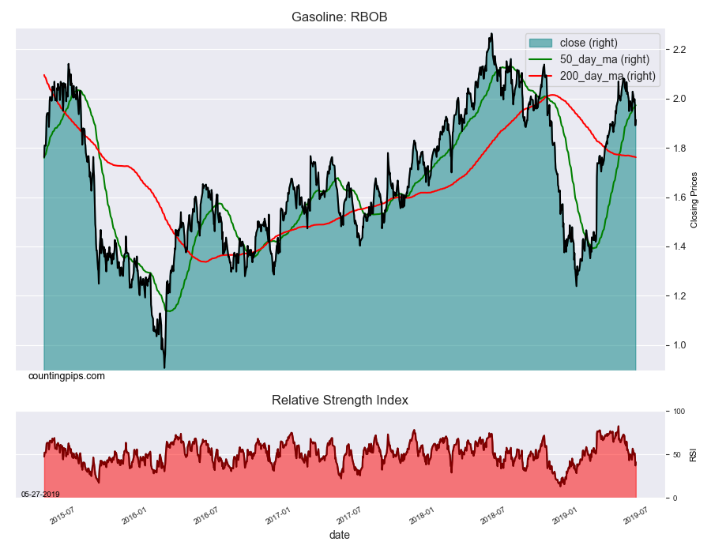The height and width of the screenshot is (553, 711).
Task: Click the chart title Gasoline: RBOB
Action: point(339,17)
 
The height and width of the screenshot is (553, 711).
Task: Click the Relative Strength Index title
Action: point(340,401)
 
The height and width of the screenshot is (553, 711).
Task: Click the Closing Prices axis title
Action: point(694,199)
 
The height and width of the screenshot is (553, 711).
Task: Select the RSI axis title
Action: point(693,454)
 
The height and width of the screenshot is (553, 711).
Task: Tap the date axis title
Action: point(340,535)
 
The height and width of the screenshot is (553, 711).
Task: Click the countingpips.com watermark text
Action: point(66,376)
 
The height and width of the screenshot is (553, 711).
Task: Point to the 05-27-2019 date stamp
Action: point(39,494)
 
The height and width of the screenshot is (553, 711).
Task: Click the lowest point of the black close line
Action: point(164,367)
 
